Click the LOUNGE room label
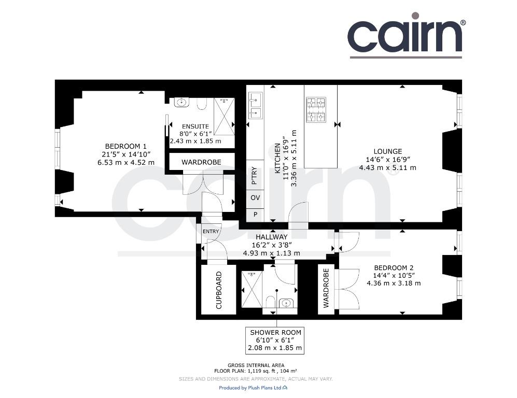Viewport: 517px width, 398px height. pos(387,151)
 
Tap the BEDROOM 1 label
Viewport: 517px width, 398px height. pos(125,146)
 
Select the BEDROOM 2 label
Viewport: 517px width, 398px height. pos(394,268)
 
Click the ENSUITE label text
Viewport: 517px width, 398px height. pos(195,126)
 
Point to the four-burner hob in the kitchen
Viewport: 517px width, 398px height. pos(316,110)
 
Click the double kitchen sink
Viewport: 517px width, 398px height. pos(255,105)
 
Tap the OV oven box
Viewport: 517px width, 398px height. pos(255,197)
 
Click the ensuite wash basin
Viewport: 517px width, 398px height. pos(181,102)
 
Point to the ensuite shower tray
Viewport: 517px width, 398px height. pos(224,116)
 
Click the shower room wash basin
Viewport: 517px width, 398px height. pos(286,303)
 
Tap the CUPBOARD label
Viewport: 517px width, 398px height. pos(219,290)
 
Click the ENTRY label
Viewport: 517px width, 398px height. pos(211,231)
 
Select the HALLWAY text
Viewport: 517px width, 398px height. pos(272,237)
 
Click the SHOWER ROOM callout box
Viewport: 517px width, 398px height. pos(275,340)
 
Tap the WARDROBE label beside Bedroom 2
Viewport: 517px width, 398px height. pos(326,288)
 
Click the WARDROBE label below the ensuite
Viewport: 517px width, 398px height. pos(201,162)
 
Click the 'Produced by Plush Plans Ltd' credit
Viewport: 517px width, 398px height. pos(253,388)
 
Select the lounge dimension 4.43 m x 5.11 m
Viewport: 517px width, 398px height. pos(387,168)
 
